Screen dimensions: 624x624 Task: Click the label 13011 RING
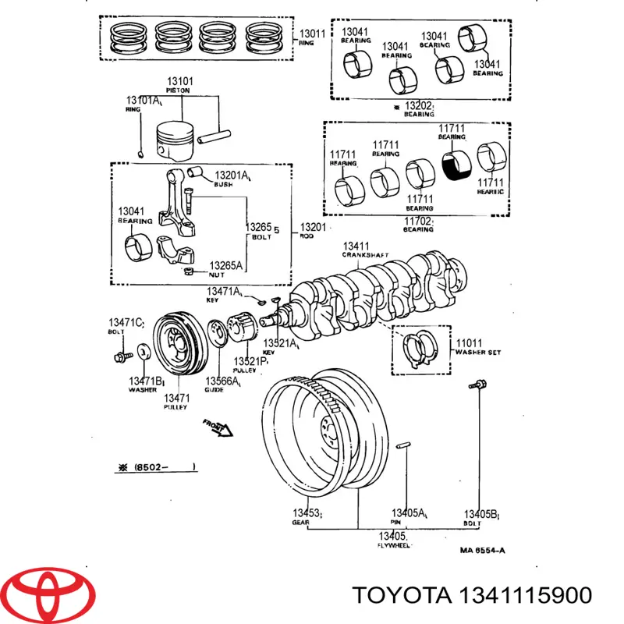312,38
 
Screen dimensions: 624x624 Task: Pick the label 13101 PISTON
180,85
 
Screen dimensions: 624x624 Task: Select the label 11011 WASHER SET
477,346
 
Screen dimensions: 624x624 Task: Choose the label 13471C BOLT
126,327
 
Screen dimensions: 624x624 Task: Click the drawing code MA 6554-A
481,551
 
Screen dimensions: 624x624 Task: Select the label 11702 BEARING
418,225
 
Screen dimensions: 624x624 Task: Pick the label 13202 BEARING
417,108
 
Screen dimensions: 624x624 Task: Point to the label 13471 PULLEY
175,402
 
